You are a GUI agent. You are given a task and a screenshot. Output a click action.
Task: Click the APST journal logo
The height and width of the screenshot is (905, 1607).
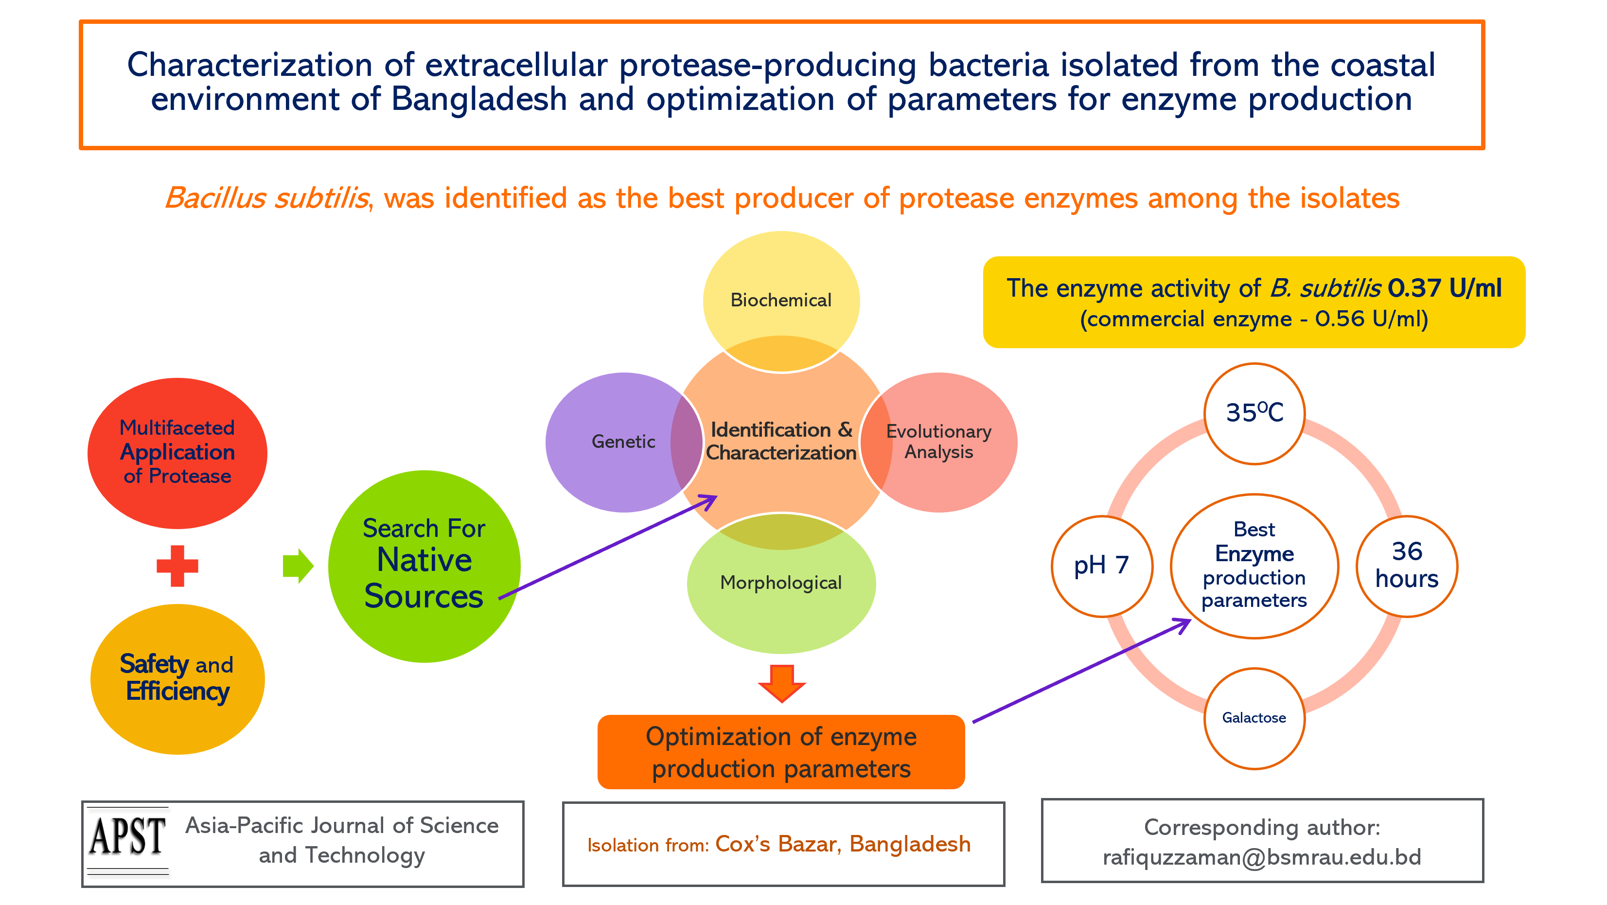pos(128,841)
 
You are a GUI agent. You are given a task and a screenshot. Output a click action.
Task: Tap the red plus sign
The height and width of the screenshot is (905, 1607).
pos(177,566)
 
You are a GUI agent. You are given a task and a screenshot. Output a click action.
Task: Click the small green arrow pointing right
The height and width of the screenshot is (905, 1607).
pos(298,566)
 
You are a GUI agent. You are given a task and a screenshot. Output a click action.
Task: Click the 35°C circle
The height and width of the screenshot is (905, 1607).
pos(1254,413)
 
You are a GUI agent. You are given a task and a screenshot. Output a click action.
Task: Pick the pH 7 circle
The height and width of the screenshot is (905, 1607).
pos(1102,566)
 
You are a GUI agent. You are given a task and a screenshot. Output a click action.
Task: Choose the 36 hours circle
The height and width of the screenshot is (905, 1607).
pos(1407,566)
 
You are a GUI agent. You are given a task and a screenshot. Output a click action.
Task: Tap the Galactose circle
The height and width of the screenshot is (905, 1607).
pos(1254,718)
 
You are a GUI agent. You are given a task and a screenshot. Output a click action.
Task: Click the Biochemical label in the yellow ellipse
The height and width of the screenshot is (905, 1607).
pos(781,300)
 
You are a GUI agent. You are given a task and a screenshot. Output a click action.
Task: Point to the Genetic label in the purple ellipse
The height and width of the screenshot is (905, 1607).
pos(623,442)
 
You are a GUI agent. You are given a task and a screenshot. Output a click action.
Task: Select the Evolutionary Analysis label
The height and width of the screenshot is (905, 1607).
pos(939,442)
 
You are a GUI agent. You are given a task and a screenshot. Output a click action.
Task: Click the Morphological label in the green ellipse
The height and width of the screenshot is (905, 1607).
pos(781,583)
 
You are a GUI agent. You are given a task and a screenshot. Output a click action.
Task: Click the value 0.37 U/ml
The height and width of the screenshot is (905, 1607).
pos(1445,288)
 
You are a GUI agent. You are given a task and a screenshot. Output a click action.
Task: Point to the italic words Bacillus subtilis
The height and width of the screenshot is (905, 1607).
pos(267,198)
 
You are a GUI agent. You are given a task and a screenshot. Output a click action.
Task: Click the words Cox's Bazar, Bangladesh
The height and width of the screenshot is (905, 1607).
pos(843,844)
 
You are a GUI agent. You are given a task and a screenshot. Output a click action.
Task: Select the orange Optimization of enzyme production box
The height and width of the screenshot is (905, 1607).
pos(781,752)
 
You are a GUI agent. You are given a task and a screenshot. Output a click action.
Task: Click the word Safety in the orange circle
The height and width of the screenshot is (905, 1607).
pos(154,664)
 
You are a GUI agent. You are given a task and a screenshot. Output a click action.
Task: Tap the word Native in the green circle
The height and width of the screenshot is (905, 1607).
pos(424,559)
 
